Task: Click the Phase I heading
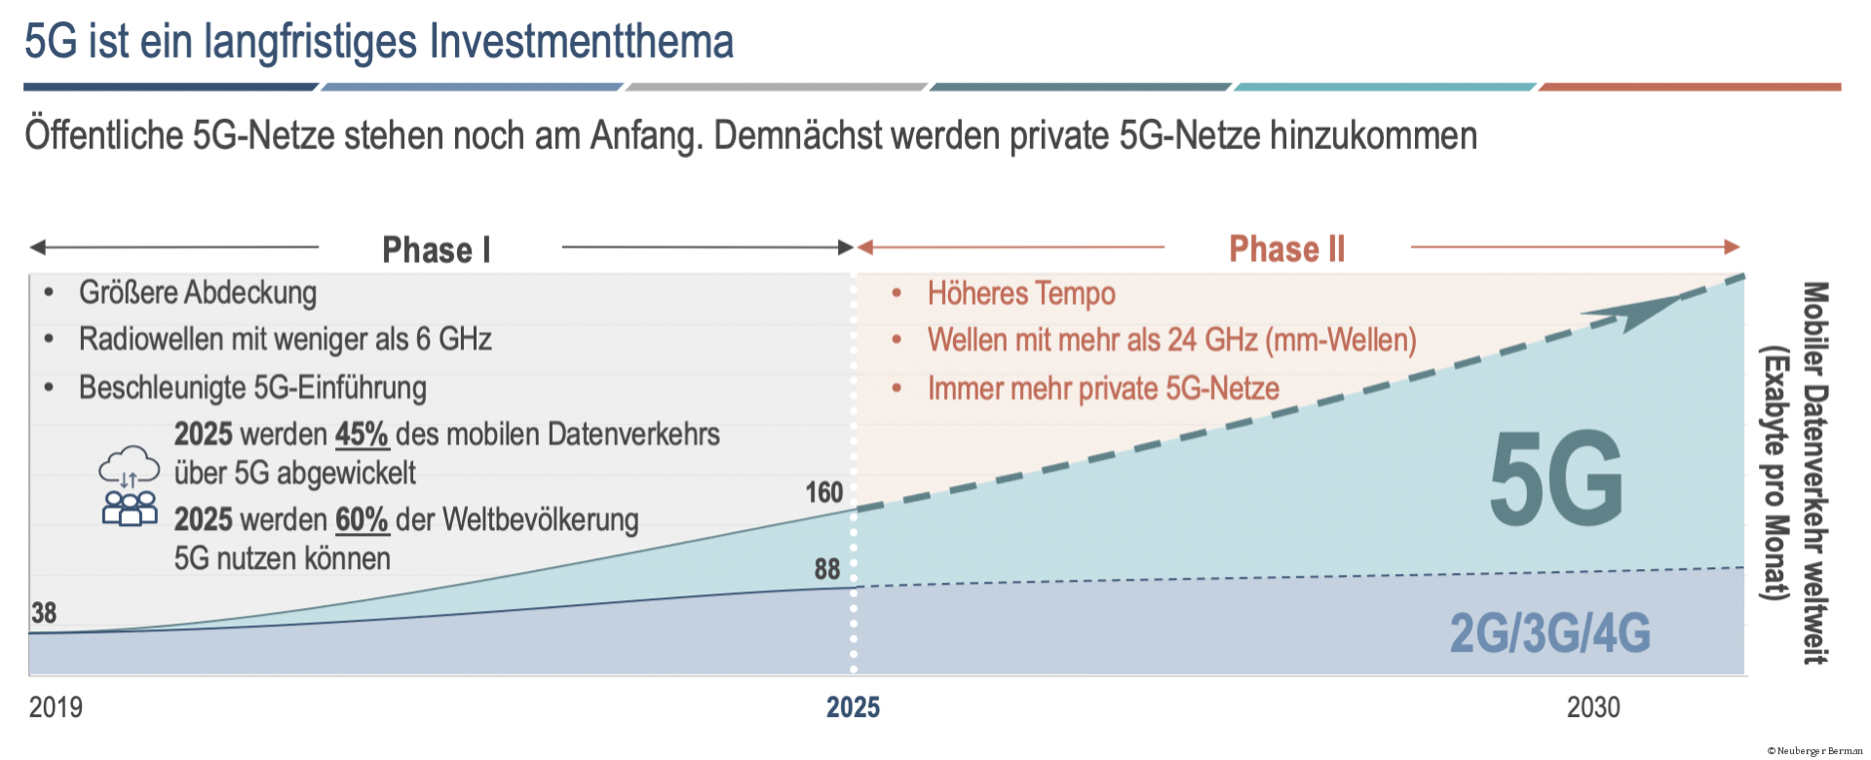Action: tap(436, 250)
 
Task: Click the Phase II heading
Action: tap(1286, 249)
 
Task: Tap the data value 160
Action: tap(823, 493)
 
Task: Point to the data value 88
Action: tap(826, 569)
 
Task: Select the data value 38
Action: tap(44, 613)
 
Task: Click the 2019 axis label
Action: tap(56, 707)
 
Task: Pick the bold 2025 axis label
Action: tap(853, 707)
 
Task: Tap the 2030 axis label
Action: tap(1593, 707)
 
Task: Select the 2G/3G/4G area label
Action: tap(1549, 633)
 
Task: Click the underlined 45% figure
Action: tap(362, 435)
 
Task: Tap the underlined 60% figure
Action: tap(362, 520)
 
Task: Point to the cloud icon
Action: tap(129, 466)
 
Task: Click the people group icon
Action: tap(130, 508)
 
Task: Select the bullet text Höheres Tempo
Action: tap(1020, 293)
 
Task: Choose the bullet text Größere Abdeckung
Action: tap(198, 292)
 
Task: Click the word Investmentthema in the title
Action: tap(582, 42)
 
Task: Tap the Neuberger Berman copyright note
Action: tap(1814, 751)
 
